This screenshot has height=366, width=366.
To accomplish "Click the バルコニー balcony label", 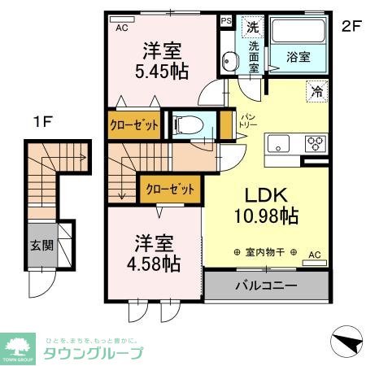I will coord(266,286).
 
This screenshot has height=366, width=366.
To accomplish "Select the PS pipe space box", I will coord(226,21).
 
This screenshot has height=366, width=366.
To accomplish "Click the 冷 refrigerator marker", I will coord(316,91).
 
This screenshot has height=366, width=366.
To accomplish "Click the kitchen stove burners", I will coord(314,144).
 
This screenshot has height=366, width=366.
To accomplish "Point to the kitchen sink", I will coord(278,144).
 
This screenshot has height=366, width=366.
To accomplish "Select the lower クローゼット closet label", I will coord(170,190).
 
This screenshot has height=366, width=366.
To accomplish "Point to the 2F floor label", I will coord(351,25).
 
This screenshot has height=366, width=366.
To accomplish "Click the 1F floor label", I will coord(42,123).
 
